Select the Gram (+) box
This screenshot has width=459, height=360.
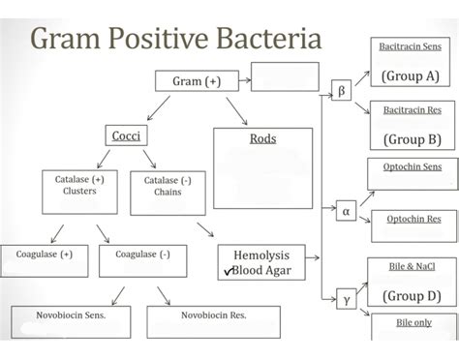pyautogui.click(x=197, y=81)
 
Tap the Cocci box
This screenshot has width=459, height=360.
pyautogui.click(x=126, y=136)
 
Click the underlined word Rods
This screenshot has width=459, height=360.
pyautogui.click(x=262, y=138)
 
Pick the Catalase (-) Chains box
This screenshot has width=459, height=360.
pyautogui.click(x=161, y=186)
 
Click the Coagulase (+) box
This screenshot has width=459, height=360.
pyautogui.click(x=44, y=255)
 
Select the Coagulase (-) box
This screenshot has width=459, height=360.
pyautogui.click(x=142, y=255)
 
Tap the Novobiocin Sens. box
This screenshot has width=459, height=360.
pyautogui.click(x=72, y=315)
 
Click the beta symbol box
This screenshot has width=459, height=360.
pyautogui.click(x=341, y=93)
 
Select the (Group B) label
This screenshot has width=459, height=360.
pyautogui.click(x=412, y=138)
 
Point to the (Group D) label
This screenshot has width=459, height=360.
pyautogui.click(x=412, y=295)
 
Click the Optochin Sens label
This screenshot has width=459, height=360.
pyautogui.click(x=413, y=165)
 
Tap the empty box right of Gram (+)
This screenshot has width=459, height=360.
pyautogui.click(x=285, y=75)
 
